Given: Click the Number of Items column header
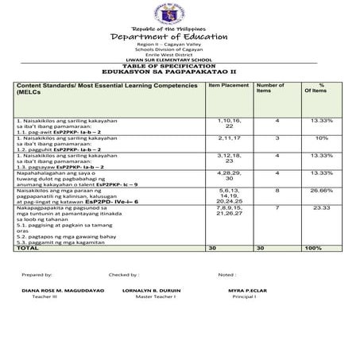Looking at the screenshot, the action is [270, 87].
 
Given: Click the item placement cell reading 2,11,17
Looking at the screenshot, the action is [227, 137].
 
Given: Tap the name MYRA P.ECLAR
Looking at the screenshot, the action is [244, 290].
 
